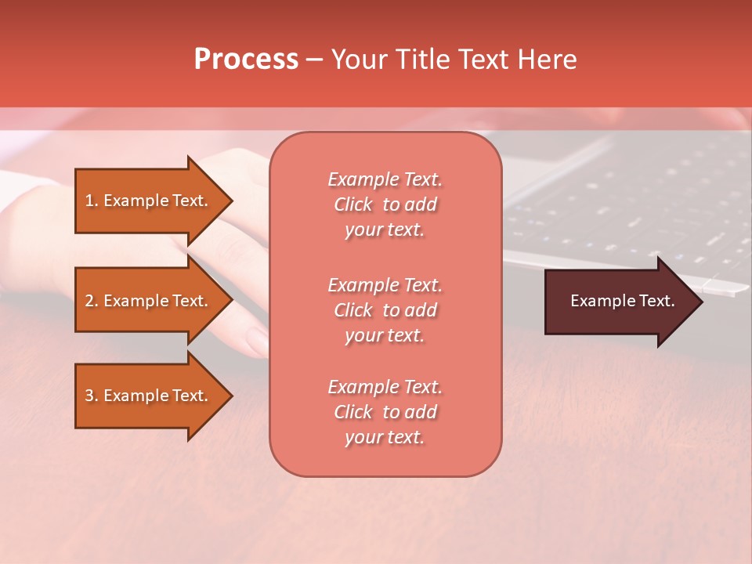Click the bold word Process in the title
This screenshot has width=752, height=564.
pos(246,60)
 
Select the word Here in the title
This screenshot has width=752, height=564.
pos(547,60)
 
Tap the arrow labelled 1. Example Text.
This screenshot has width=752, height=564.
pos(149,201)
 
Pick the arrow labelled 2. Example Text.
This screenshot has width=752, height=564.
pos(149,301)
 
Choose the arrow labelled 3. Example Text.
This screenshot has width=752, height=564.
pos(149,396)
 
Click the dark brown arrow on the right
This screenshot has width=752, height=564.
pos(619,301)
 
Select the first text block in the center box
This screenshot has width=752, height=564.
pos(385,204)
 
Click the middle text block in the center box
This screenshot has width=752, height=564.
pos(385,310)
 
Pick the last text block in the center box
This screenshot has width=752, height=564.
pos(385,412)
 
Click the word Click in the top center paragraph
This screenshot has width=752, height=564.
pos(353,204)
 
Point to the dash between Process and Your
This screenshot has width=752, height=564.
pos(315,60)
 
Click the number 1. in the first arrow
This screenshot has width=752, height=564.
pos(91,201)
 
